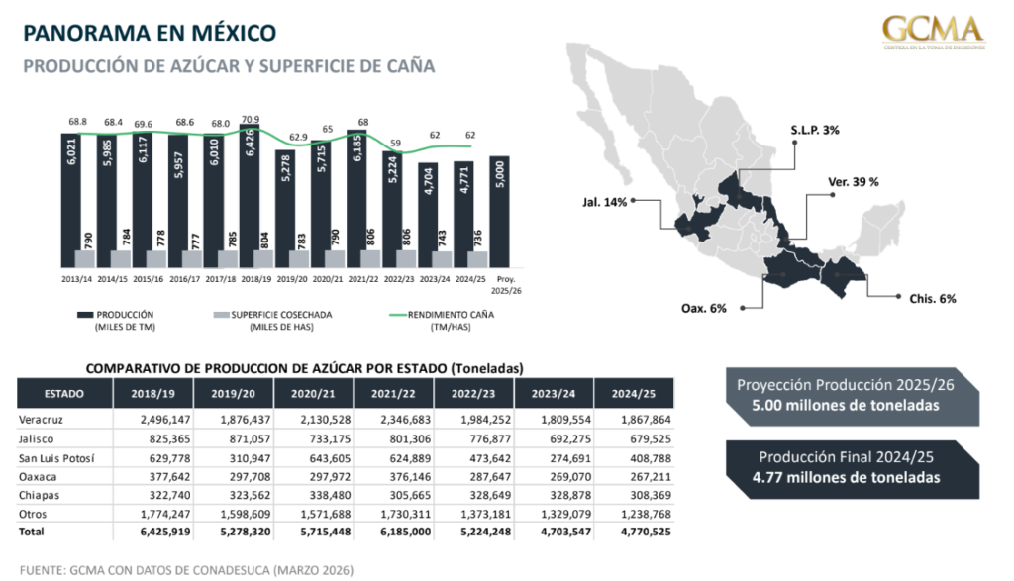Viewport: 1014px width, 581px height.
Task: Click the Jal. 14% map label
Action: pos(605,202)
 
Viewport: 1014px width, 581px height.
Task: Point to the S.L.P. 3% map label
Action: pos(815,130)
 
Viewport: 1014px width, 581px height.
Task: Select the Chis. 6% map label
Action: pos(933,298)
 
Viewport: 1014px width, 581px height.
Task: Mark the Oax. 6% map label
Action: pos(704,308)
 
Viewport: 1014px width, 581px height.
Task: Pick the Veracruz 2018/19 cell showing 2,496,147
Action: pos(154,419)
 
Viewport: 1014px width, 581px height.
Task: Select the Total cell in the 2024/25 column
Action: pos(637,532)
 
